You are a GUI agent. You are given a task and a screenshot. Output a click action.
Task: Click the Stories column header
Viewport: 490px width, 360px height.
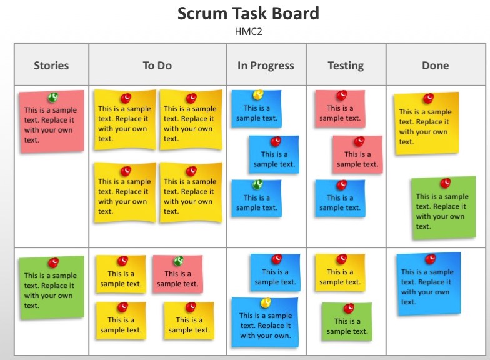(x=51, y=65)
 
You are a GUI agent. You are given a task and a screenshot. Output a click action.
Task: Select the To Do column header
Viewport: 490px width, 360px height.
(x=157, y=65)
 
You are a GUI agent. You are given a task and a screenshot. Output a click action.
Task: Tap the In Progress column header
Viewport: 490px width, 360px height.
(x=266, y=66)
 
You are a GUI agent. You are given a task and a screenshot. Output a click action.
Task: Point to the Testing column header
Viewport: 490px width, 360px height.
(x=346, y=66)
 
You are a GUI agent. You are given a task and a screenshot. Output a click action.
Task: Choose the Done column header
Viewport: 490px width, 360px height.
(x=435, y=65)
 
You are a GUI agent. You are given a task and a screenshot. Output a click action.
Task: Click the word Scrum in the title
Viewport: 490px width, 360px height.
(x=202, y=14)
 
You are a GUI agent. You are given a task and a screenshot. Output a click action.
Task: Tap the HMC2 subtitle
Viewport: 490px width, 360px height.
(x=249, y=31)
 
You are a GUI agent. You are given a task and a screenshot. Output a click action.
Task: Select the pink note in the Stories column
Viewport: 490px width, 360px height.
(x=52, y=121)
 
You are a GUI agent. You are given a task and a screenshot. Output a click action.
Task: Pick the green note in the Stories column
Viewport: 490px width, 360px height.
(x=52, y=287)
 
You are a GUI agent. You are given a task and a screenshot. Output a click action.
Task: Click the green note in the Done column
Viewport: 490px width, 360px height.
(x=444, y=208)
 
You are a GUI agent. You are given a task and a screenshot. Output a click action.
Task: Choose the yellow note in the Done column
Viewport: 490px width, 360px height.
(x=426, y=123)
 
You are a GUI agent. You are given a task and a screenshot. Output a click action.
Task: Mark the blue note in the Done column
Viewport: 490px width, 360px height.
(x=429, y=284)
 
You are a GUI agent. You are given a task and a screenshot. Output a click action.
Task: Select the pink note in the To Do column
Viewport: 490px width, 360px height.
(x=177, y=274)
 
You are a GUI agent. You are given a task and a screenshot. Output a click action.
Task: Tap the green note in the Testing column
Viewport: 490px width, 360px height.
(x=347, y=321)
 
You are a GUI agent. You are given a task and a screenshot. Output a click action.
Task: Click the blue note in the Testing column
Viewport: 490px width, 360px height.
(x=340, y=199)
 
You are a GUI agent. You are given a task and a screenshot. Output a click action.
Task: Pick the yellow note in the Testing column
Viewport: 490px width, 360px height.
(x=340, y=272)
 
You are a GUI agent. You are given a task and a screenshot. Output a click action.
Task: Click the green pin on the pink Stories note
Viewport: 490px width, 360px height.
(x=52, y=97)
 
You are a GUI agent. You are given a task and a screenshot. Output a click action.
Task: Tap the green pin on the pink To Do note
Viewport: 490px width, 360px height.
(x=179, y=261)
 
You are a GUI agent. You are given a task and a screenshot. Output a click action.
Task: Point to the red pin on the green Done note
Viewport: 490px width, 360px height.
(x=445, y=182)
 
